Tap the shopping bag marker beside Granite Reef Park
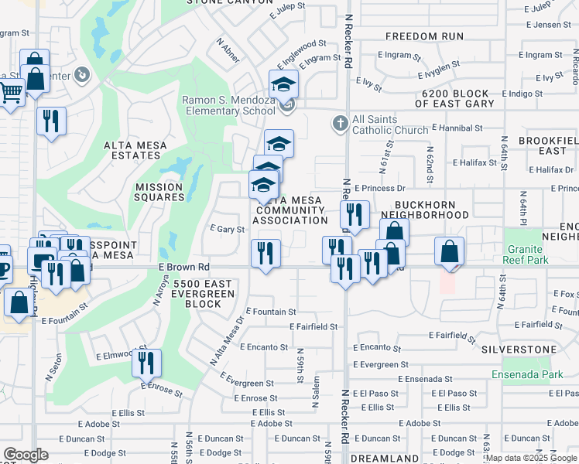tap(449, 251)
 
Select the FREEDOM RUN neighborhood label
tap(424, 36)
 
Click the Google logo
tap(26, 455)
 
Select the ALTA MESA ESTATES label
tap(132, 150)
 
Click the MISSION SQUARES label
tap(159, 192)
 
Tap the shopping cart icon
tap(10, 94)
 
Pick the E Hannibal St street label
tap(457, 128)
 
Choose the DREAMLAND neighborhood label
tap(385, 458)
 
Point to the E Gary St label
tap(228, 230)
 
